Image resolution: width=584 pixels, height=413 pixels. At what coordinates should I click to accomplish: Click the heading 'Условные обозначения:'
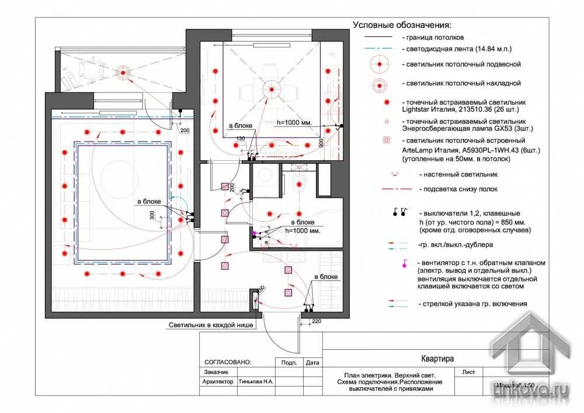(x=402, y=25)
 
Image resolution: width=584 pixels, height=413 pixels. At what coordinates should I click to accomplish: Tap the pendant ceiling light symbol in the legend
(x=378, y=64)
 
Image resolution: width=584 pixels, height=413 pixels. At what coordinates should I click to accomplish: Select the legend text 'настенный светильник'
(x=458, y=174)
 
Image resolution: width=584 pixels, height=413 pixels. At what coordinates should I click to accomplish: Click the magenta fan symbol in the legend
(x=403, y=264)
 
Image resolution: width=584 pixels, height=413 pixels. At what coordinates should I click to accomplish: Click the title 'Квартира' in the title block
(x=437, y=359)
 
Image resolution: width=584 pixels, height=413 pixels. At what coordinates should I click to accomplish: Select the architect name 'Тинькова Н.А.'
(x=256, y=381)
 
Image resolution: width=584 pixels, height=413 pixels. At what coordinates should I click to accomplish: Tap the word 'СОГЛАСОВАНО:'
(x=228, y=362)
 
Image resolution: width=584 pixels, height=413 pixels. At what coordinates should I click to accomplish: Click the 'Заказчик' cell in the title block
(x=217, y=372)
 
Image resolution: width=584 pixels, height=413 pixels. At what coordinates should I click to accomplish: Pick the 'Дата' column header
(x=312, y=362)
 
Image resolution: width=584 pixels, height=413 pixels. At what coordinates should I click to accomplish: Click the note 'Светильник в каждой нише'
(x=211, y=325)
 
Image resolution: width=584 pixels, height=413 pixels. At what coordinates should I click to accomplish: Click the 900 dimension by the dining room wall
(x=321, y=142)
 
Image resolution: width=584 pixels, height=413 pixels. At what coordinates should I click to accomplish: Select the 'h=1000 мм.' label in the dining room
(x=295, y=123)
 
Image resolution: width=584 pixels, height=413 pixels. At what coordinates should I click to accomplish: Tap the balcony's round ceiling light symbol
(x=123, y=73)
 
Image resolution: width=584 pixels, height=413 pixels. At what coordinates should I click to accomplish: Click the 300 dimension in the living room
(x=152, y=215)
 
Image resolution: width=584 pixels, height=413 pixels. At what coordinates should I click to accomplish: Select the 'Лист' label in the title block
(x=468, y=371)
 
